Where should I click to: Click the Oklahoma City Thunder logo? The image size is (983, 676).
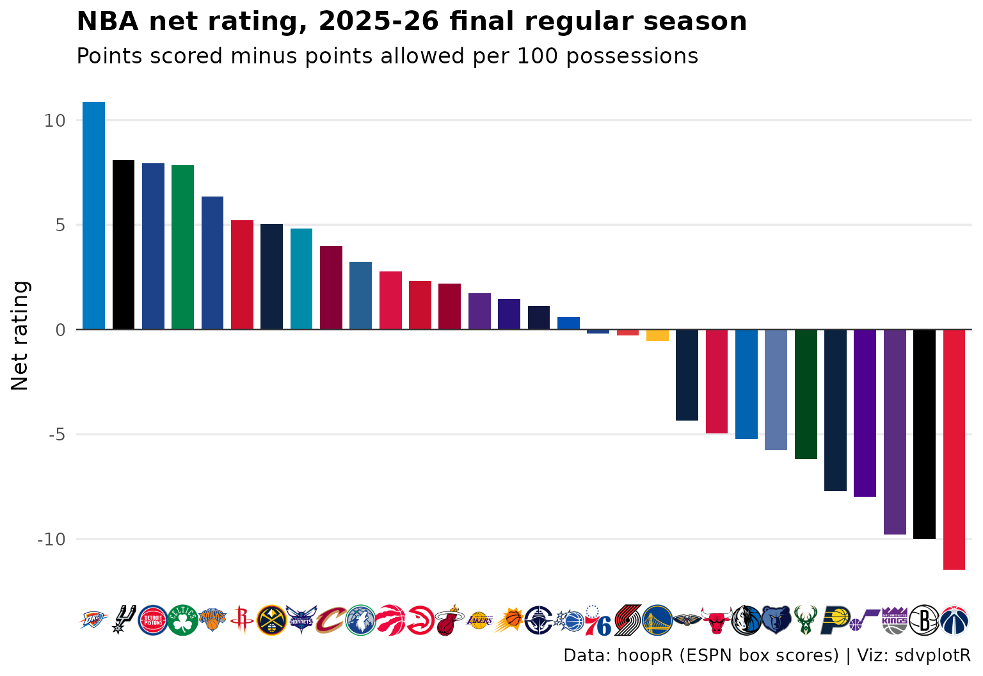tap(93, 620)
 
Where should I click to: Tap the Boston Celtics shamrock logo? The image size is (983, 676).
tap(182, 620)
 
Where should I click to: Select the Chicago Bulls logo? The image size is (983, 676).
tap(717, 620)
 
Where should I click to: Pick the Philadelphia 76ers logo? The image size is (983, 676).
tap(598, 620)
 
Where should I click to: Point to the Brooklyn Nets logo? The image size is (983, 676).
tap(924, 620)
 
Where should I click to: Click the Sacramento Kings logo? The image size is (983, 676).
tap(895, 620)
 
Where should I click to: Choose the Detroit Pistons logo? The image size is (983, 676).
tap(153, 620)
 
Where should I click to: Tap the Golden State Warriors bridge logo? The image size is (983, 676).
tap(657, 620)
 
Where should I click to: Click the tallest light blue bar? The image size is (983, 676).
tap(94, 216)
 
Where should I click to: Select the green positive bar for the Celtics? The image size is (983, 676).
tap(182, 247)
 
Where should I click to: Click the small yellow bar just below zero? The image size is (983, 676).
tap(657, 335)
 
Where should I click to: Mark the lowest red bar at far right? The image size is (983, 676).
tap(954, 449)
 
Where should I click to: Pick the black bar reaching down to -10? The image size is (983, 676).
tap(924, 434)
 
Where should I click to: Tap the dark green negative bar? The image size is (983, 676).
tap(806, 394)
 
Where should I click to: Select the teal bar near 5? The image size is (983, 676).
tap(301, 278)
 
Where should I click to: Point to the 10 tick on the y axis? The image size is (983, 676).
tap(55, 121)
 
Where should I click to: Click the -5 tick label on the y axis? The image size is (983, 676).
tap(56, 435)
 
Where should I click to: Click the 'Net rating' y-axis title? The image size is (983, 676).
tap(20, 335)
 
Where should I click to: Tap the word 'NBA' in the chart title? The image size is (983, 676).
tap(108, 21)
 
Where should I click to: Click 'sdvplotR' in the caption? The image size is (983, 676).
tap(932, 656)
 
